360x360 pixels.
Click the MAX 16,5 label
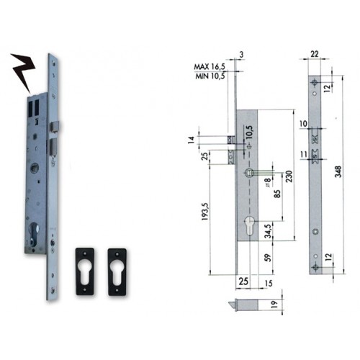click(x=209, y=68)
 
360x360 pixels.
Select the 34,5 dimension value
click(x=268, y=230)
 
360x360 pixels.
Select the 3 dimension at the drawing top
click(x=240, y=55)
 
